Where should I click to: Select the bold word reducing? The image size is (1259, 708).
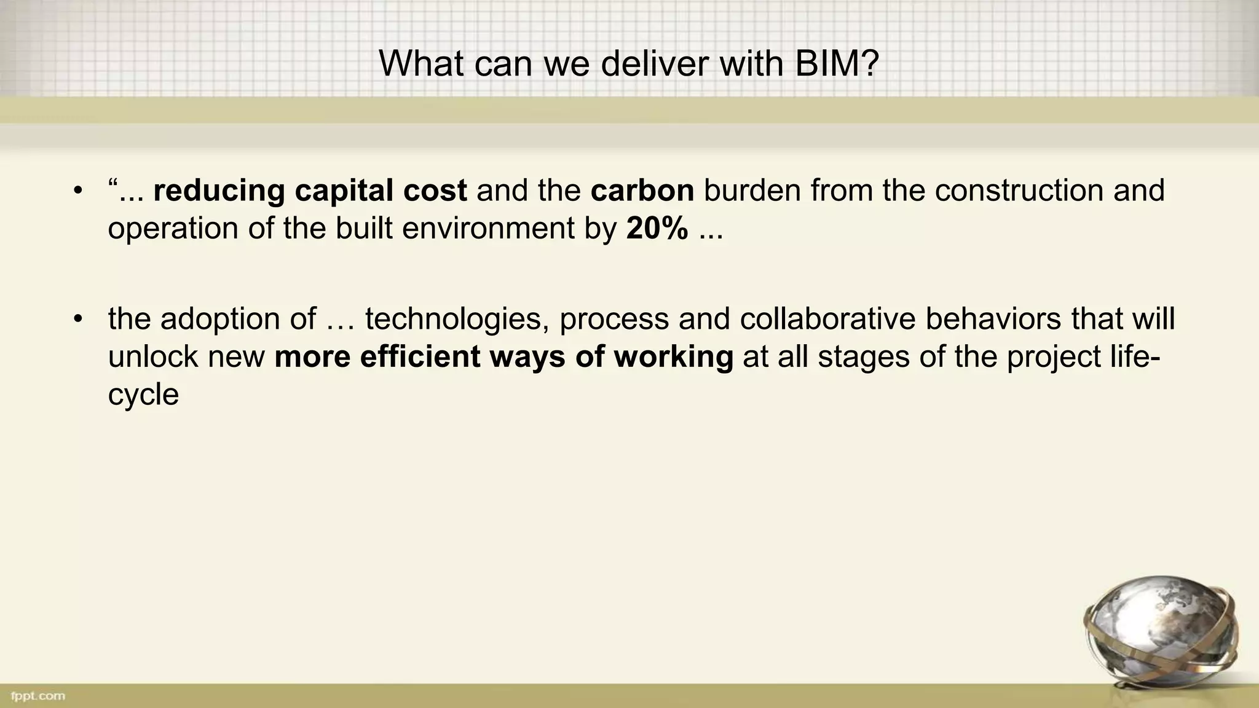click(218, 191)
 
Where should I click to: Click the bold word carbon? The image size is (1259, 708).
click(642, 191)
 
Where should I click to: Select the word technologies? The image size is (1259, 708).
click(457, 319)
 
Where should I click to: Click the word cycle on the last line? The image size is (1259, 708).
click(143, 394)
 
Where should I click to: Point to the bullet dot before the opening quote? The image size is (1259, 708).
click(77, 191)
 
